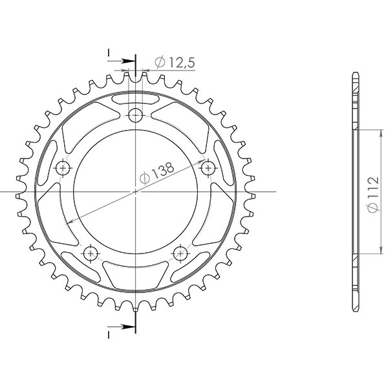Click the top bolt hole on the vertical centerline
[135, 116]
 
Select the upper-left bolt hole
[63, 168]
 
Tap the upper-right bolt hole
[208, 168]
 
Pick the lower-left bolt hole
[91, 253]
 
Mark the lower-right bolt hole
[180, 253]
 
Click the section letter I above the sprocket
[109, 51]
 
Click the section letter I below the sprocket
[109, 334]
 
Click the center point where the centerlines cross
[135, 192]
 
